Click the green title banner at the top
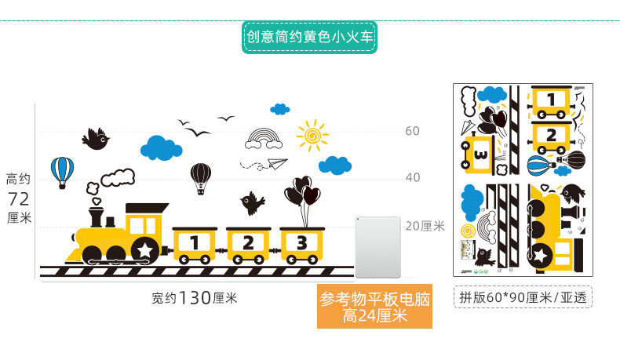(309, 37)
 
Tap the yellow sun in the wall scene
(312, 136)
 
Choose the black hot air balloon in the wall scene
(201, 176)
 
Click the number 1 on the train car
(193, 242)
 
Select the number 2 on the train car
(248, 242)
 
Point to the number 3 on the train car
(301, 242)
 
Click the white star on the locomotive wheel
(146, 250)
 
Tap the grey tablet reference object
(378, 247)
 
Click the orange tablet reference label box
(374, 307)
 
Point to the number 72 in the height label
(19, 198)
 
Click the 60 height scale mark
(412, 131)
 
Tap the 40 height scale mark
(412, 177)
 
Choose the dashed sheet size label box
(522, 297)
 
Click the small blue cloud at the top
(279, 108)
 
